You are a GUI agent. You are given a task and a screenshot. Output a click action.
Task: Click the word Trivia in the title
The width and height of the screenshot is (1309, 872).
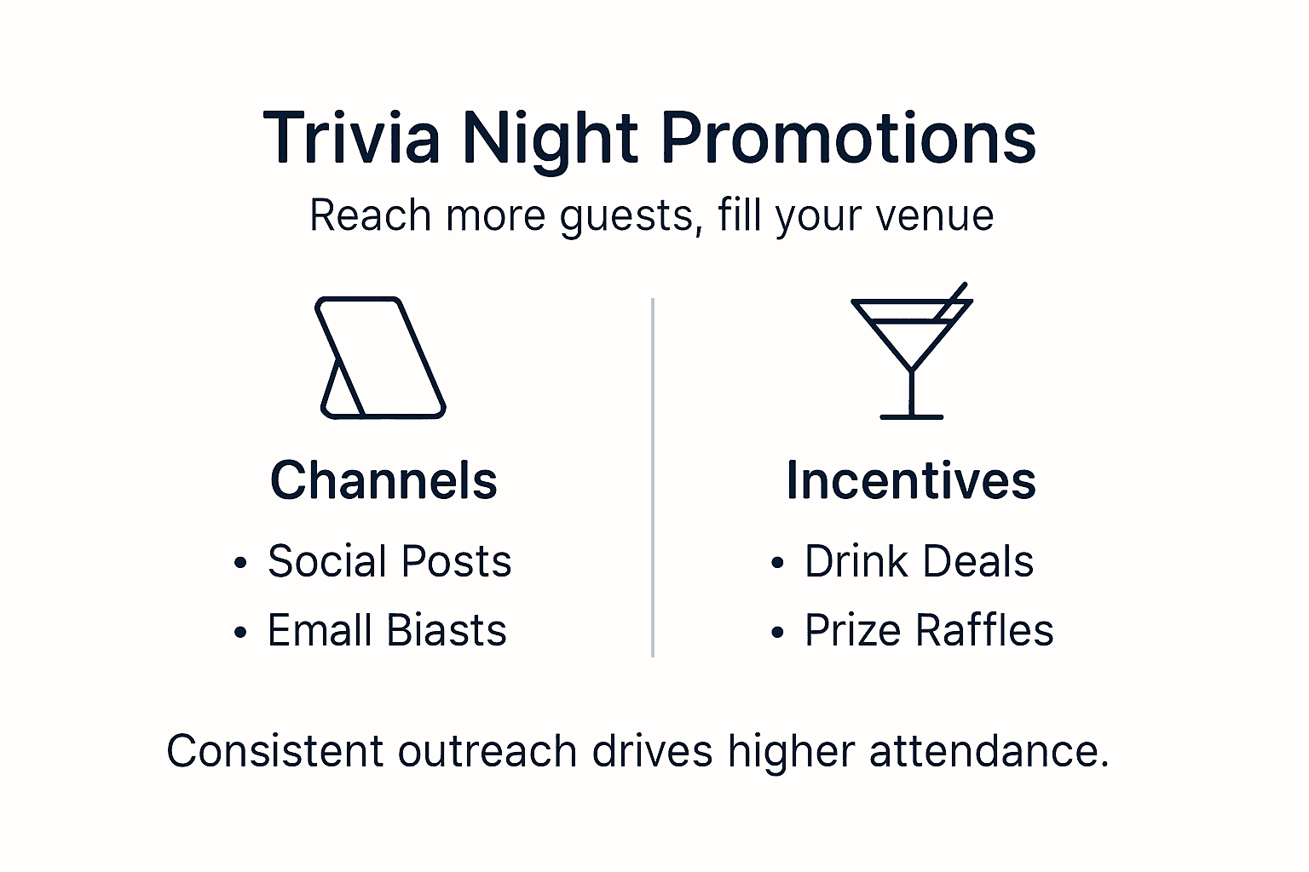[352, 138]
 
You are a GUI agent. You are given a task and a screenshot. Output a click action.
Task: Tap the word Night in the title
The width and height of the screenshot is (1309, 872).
[550, 138]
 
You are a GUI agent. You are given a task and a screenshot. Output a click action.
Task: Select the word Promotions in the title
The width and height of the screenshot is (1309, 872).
[848, 138]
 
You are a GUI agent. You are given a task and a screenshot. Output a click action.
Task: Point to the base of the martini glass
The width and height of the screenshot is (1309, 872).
[912, 416]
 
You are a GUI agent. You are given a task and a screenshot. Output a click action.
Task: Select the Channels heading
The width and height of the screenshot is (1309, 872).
[383, 480]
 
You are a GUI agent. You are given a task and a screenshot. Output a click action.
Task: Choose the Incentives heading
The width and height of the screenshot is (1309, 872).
[911, 480]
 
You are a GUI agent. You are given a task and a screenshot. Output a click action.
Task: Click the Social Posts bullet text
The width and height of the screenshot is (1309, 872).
[389, 561]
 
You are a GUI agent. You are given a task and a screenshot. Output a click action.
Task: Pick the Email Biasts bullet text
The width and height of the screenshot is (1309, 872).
[387, 631]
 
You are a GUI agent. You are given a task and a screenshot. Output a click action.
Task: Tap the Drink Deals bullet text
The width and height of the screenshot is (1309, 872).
[919, 562]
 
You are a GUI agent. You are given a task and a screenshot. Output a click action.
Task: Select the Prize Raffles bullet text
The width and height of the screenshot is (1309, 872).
[929, 631]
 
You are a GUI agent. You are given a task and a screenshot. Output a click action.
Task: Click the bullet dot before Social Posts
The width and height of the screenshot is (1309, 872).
[241, 564]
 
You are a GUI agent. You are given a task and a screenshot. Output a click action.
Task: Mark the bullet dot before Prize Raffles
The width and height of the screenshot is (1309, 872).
[777, 634]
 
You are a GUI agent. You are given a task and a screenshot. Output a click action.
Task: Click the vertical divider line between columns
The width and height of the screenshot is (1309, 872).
[653, 477]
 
